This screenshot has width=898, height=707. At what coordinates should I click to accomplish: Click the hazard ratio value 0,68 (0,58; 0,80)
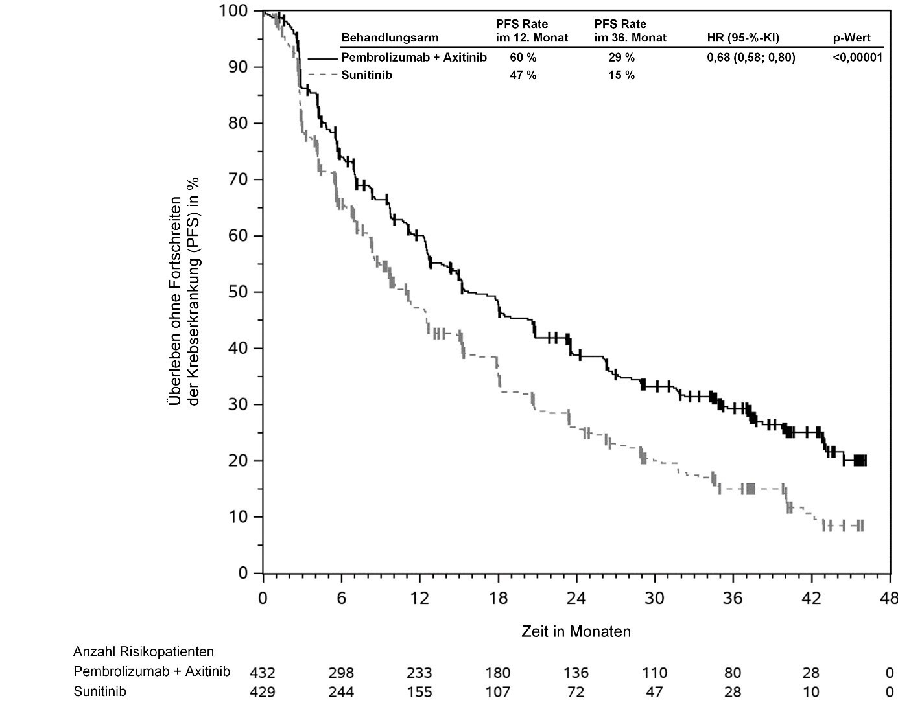tap(751, 58)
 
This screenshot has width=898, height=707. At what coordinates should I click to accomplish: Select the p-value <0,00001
tap(857, 58)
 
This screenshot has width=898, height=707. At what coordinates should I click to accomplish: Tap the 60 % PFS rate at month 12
tap(523, 58)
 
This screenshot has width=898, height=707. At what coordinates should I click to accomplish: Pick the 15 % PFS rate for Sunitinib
tap(621, 75)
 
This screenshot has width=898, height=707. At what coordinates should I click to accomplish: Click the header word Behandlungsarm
tap(390, 38)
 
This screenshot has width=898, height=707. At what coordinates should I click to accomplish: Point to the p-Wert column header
tap(851, 38)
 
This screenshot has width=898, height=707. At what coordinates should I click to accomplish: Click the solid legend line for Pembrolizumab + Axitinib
tap(324, 58)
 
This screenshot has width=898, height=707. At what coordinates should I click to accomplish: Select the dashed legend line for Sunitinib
tap(324, 75)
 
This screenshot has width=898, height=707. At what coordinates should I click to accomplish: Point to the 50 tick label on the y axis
tap(241, 292)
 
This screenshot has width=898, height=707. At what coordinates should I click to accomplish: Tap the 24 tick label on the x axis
tap(576, 598)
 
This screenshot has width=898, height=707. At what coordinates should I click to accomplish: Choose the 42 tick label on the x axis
tap(811, 598)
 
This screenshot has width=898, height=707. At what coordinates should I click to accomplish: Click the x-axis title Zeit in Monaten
tap(576, 631)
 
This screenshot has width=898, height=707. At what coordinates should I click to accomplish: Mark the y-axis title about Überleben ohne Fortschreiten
tap(183, 292)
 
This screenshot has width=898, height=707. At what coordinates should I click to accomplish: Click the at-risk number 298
tap(341, 673)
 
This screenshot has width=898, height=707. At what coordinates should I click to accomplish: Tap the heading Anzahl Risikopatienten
tap(143, 652)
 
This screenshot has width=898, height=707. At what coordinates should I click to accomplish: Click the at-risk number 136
tap(576, 673)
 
